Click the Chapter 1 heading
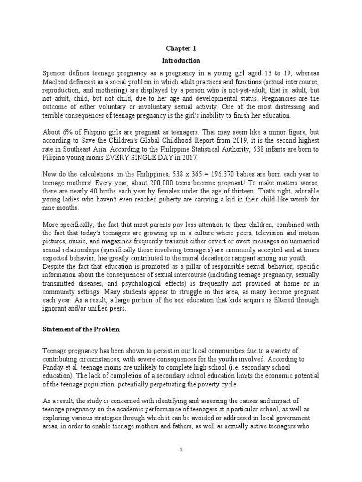181,48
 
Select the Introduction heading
181,61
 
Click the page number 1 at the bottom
181,450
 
